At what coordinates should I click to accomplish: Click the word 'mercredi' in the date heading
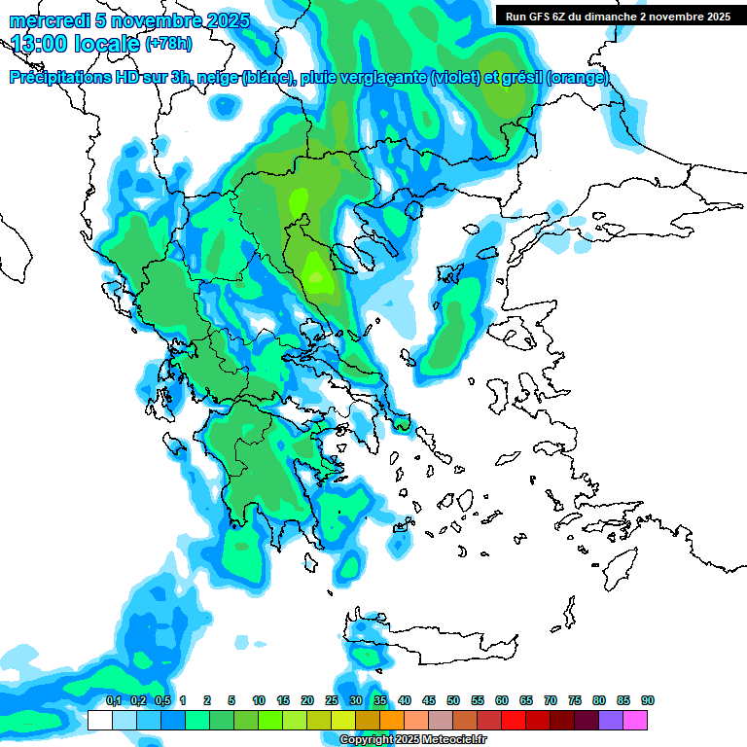(x=48, y=20)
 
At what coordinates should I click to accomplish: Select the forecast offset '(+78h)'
(x=169, y=44)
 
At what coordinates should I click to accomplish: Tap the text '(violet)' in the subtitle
(x=461, y=78)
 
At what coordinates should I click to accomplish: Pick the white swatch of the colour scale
(x=100, y=720)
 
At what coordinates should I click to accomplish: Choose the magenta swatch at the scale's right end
(x=635, y=720)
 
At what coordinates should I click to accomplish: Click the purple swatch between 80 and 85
(x=611, y=720)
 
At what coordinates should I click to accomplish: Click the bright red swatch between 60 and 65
(x=514, y=720)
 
